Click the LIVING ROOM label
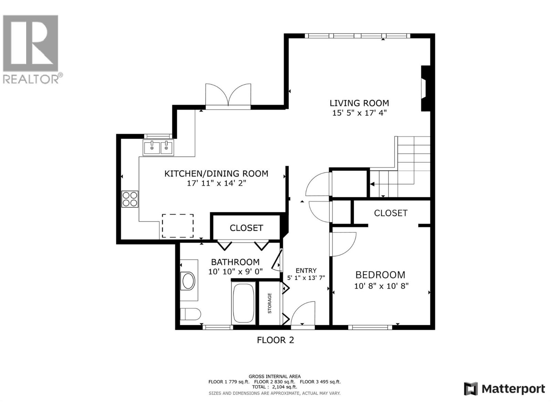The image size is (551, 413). point(359,103)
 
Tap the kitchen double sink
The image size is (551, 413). point(159,148)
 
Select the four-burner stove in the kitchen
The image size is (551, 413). point(130,199)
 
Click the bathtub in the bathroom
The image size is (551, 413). point(244,303)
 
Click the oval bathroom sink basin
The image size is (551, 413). point(188,281)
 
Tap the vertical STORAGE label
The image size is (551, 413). point(270,303)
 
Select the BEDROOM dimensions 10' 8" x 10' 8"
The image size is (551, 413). point(381,286)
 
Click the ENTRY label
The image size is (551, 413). point(306,271)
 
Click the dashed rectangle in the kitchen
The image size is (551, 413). point(178,226)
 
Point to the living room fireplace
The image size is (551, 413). point(425,88)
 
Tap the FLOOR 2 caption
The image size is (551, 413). point(275,340)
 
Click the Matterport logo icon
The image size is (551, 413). point(471,389)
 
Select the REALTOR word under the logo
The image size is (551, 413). point(31,79)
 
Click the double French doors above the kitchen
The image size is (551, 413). point(228,95)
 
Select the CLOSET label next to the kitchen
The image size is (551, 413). point(246,228)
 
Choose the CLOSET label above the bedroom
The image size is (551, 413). point(391,213)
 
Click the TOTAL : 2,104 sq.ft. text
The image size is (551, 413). point(274,387)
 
